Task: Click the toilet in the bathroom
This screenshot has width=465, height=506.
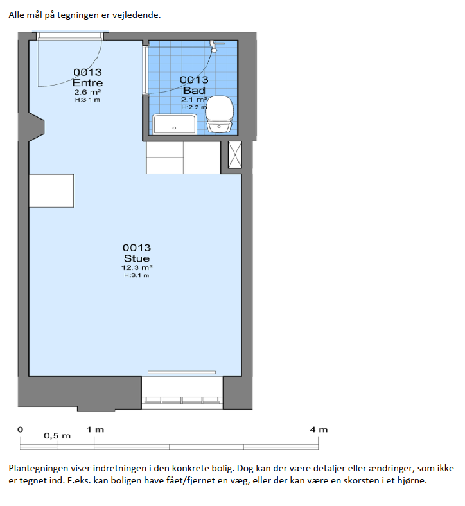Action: coord(220,114)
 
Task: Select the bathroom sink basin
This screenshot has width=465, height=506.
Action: coord(175,124)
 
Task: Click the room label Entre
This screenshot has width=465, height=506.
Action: coord(87,82)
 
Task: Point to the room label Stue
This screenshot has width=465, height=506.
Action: coord(137,258)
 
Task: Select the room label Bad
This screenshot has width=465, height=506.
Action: coord(194,90)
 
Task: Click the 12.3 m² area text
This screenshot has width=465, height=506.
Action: coord(137,267)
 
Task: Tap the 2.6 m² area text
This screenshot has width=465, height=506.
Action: coord(87,92)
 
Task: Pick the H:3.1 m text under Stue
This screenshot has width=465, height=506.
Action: coord(137,275)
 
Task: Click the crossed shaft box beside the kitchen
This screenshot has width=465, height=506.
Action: coord(235,154)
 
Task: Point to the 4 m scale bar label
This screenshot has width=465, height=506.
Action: coord(319,429)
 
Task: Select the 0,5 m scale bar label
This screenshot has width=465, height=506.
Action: coord(57,436)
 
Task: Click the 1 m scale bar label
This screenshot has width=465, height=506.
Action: coord(95,429)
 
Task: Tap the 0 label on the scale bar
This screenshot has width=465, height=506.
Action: coord(21,429)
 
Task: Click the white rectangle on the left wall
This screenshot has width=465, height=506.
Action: coord(51,191)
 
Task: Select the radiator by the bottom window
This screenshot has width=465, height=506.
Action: coord(182,372)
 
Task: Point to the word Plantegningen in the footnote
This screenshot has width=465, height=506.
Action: coord(39,469)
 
